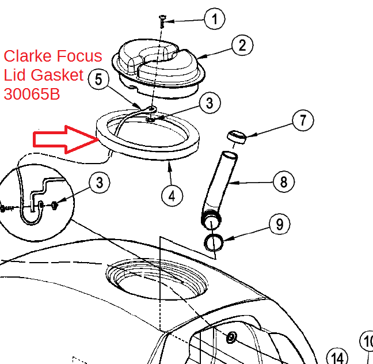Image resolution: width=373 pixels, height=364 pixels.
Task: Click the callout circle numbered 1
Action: (x=215, y=19)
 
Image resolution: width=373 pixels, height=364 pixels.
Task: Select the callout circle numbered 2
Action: (x=242, y=45)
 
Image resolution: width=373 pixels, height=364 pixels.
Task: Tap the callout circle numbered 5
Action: (x=99, y=79)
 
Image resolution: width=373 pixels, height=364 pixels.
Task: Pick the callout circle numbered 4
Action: (x=172, y=196)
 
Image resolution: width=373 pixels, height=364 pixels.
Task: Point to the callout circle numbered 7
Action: (x=303, y=120)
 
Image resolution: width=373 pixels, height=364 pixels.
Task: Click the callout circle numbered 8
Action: (x=284, y=182)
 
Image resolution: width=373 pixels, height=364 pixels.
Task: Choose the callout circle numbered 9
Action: (x=280, y=224)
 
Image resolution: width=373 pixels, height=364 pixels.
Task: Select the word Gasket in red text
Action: (x=57, y=75)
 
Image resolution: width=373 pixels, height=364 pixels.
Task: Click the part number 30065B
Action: (x=32, y=94)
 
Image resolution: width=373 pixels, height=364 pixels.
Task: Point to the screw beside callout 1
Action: (x=162, y=21)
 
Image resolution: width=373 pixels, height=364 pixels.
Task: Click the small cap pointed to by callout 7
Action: (x=237, y=136)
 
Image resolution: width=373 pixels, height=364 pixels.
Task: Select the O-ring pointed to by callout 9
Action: (x=214, y=242)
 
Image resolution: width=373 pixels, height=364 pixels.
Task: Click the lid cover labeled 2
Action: (x=159, y=68)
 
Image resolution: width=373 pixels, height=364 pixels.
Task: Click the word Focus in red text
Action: (x=79, y=56)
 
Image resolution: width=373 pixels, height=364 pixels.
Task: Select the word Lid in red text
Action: (x=14, y=75)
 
